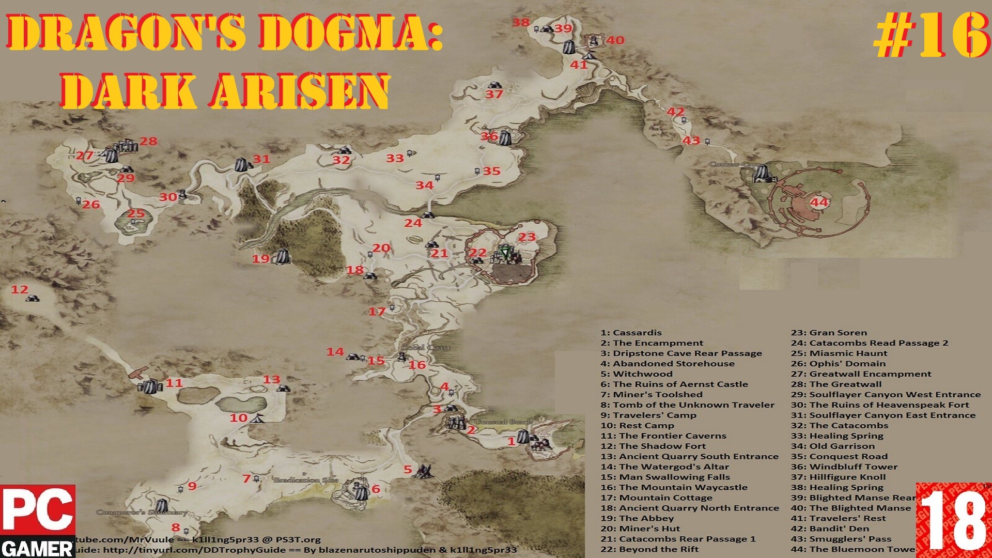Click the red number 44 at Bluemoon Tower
(x=819, y=202)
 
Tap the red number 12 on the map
(x=20, y=289)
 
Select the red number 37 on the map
(x=494, y=94)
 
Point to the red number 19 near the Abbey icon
(x=260, y=258)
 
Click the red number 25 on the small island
(x=136, y=213)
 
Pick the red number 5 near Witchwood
(x=408, y=469)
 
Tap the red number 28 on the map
(x=148, y=141)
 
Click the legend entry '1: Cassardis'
(x=631, y=333)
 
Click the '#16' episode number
(x=930, y=35)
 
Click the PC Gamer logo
(x=38, y=521)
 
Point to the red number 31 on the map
(x=261, y=159)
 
